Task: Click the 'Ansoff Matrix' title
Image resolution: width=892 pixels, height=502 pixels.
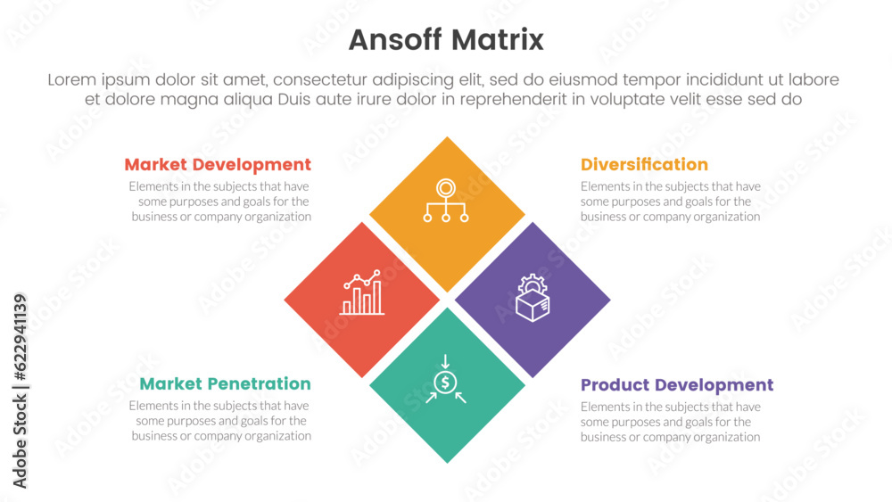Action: point(446,40)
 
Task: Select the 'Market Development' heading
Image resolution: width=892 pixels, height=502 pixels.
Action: point(218,165)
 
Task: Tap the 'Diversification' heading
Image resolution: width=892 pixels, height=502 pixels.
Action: point(644,165)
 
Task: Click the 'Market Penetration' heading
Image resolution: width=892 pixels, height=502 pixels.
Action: point(226,383)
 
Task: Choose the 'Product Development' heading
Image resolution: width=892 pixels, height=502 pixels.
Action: point(677,385)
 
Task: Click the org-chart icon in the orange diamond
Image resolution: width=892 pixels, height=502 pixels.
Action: point(446,201)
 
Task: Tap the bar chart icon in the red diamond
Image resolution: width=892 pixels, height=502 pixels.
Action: point(362,292)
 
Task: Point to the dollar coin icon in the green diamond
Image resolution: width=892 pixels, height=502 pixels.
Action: point(445,382)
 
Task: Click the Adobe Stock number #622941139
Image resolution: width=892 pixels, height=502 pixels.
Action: point(20,337)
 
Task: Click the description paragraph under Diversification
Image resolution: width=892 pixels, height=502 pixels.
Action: point(670,202)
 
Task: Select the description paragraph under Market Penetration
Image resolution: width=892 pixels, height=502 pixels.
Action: point(220,421)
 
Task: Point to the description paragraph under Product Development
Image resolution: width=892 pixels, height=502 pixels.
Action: point(670,422)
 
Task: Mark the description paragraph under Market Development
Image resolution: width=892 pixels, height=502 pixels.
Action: point(220,202)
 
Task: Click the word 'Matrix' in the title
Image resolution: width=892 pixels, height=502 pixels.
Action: point(498,40)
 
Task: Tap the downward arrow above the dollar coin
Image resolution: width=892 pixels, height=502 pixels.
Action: point(445,362)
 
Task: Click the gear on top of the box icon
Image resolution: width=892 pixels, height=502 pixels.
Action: point(533,284)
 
